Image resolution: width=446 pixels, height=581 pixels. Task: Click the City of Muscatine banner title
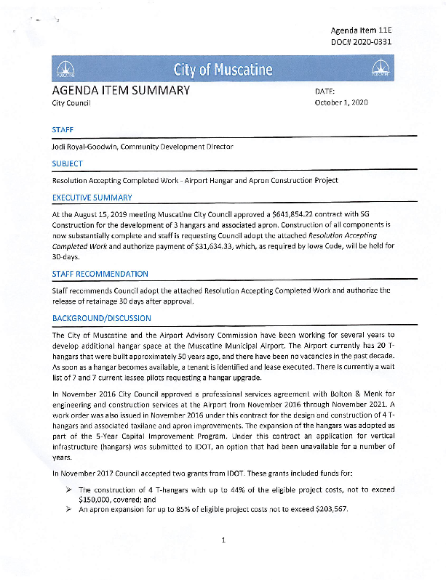[223, 70]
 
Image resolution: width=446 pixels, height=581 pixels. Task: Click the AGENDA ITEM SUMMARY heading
[121, 91]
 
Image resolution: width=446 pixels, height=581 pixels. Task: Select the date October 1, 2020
[341, 103]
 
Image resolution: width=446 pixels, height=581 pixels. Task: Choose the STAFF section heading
[63, 129]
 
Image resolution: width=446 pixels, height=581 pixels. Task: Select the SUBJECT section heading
[68, 163]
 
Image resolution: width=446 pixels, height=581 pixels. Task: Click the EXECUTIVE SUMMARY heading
[92, 198]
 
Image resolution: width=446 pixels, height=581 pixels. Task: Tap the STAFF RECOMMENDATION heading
[100, 274]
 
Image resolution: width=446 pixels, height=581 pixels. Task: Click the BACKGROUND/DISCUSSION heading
[102, 318]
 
